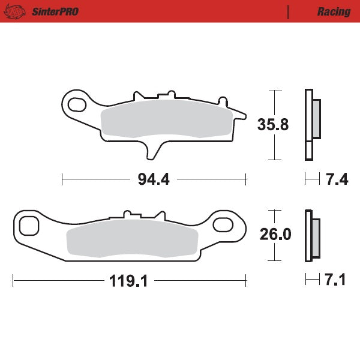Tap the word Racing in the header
click(334, 11)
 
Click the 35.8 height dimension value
click(273, 125)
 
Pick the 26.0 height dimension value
click(275, 235)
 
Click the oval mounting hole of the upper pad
click(77, 105)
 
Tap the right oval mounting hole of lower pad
click(224, 225)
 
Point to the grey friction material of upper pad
click(165, 119)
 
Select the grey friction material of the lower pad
click(132, 241)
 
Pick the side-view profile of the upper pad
click(311, 124)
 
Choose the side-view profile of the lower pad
click(311, 235)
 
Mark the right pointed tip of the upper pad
click(243, 113)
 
